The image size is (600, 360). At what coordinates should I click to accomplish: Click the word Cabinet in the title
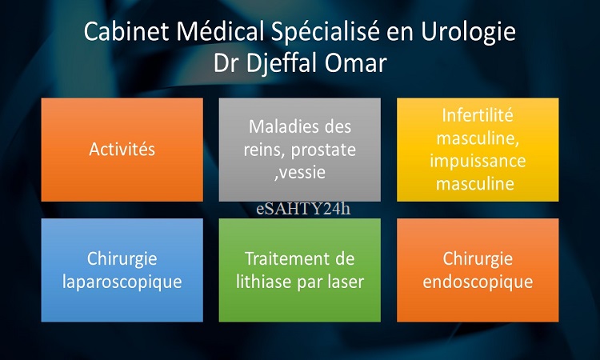(126, 31)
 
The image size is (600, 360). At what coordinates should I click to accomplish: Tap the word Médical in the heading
(220, 30)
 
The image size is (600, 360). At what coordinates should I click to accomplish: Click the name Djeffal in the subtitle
(282, 62)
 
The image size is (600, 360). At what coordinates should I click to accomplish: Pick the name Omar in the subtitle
(356, 63)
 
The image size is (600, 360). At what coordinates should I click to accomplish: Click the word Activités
(122, 149)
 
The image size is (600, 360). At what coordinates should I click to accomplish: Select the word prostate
(323, 150)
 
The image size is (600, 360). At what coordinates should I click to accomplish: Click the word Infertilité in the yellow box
(478, 115)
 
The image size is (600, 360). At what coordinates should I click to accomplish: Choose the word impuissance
(478, 161)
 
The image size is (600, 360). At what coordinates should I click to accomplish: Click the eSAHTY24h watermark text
(303, 209)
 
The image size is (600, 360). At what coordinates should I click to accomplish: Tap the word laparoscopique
(122, 282)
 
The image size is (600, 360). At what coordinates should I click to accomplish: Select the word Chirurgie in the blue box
(122, 259)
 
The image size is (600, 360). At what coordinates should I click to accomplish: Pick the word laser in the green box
(346, 282)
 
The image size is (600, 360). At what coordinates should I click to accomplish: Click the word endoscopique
(478, 282)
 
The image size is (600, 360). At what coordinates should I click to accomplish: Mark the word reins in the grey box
(265, 150)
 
